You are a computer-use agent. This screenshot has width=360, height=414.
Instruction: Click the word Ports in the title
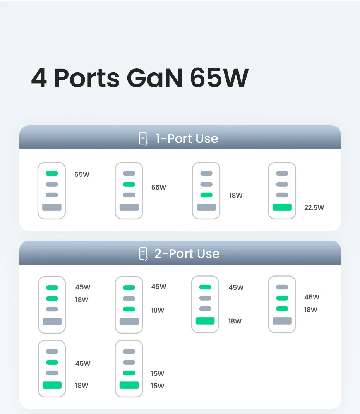pyautogui.click(x=87, y=77)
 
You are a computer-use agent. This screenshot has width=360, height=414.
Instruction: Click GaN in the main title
pyautogui.click(x=154, y=77)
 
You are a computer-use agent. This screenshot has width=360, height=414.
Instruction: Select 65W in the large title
pyautogui.click(x=219, y=77)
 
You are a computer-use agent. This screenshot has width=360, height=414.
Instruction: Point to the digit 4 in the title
pyautogui.click(x=39, y=78)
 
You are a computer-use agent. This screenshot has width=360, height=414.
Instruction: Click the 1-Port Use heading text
pyautogui.click(x=187, y=139)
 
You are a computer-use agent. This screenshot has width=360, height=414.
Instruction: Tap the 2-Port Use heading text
pyautogui.click(x=187, y=254)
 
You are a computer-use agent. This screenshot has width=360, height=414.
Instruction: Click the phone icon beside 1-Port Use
pyautogui.click(x=143, y=139)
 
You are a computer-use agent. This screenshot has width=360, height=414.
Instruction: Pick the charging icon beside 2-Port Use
pyautogui.click(x=143, y=254)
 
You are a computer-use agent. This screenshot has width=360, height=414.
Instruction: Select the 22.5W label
pyautogui.click(x=314, y=208)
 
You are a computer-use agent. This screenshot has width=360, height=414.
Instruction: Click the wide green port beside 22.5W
pyautogui.click(x=282, y=207)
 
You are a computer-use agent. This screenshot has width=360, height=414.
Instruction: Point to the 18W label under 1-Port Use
pyautogui.click(x=236, y=196)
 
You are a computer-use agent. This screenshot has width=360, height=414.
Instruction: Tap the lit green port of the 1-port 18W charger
pyautogui.click(x=206, y=195)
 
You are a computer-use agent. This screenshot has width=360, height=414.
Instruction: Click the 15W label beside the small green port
pyautogui.click(x=158, y=374)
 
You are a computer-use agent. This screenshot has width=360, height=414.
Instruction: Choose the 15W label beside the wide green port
pyautogui.click(x=158, y=386)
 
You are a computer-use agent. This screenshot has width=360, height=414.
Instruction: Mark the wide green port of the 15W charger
pyautogui.click(x=129, y=385)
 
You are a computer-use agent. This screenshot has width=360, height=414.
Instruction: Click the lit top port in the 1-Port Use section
pyautogui.click(x=51, y=173)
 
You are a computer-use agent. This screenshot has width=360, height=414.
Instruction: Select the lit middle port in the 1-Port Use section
pyautogui.click(x=129, y=185)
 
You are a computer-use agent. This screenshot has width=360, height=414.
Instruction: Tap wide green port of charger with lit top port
pyautogui.click(x=205, y=321)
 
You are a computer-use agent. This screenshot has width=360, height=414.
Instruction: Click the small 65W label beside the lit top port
pyautogui.click(x=82, y=174)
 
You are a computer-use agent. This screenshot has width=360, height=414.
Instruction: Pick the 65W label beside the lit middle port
pyautogui.click(x=158, y=188)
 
